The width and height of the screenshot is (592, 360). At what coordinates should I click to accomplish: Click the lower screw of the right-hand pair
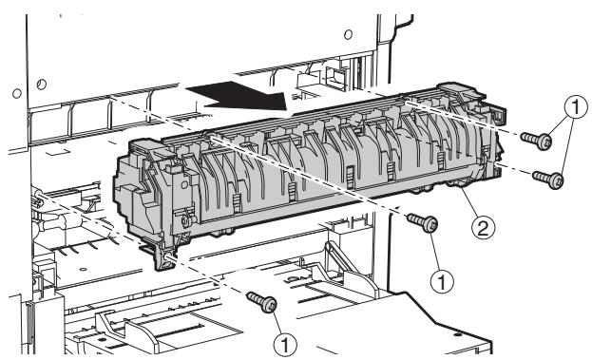click(x=544, y=177)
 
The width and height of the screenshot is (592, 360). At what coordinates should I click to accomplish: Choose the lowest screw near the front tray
click(x=263, y=303)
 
